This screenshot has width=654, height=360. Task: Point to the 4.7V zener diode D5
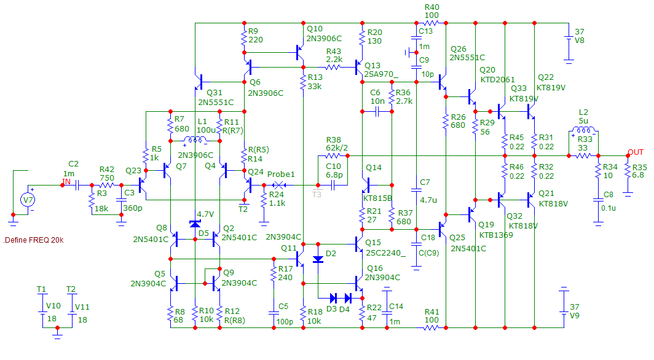(195, 224)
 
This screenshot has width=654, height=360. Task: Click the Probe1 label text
(281, 174)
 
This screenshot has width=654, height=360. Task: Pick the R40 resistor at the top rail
(431, 23)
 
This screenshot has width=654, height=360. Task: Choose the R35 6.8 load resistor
(628, 172)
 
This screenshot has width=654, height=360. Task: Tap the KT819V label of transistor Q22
(551, 88)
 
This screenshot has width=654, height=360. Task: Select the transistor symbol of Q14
(367, 184)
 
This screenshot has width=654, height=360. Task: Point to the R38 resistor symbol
(334, 157)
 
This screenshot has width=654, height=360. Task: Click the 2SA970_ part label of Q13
(380, 76)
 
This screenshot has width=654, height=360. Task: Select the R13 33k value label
(314, 87)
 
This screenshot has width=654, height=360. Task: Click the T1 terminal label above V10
(41, 289)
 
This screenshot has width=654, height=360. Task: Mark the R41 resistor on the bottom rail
(431, 327)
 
